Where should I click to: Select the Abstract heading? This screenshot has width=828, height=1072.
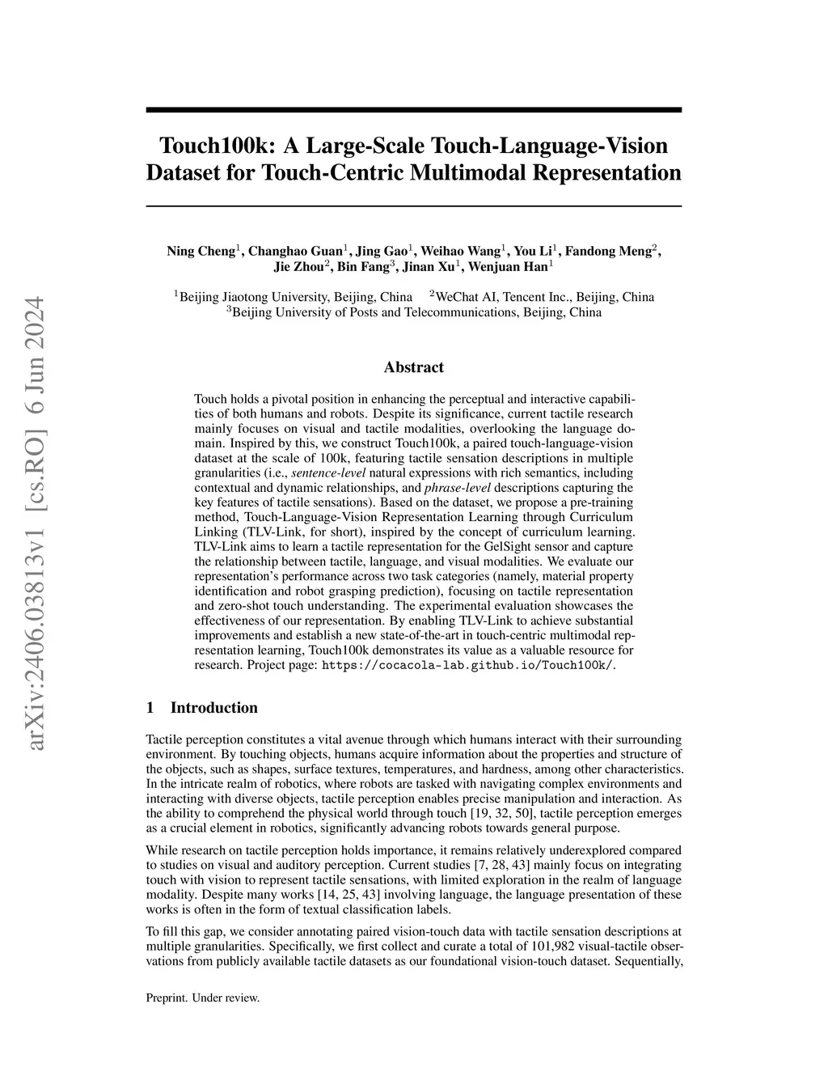click(x=413, y=367)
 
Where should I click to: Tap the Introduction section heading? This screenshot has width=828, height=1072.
click(x=213, y=708)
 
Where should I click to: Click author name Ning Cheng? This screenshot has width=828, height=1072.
click(x=200, y=251)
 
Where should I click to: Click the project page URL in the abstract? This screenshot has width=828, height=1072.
click(x=468, y=666)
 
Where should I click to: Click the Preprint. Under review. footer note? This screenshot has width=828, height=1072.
click(x=202, y=998)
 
